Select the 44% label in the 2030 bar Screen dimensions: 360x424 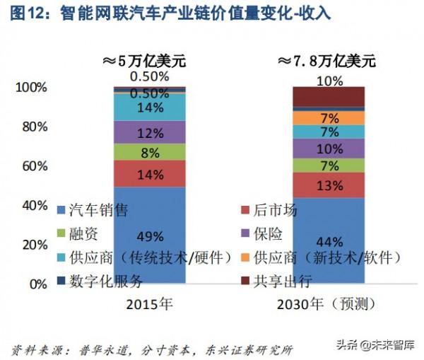[x=329, y=240]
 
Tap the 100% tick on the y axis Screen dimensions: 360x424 [x=30, y=88]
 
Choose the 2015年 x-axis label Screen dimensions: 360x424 [x=149, y=304]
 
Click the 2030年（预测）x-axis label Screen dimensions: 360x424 [x=329, y=304]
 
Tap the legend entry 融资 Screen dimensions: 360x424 [x=85, y=233]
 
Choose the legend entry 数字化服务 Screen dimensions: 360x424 [x=105, y=281]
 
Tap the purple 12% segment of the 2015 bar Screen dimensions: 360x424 [x=149, y=133]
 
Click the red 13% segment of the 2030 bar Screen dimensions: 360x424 [x=329, y=185]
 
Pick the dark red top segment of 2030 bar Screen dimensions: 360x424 [x=329, y=96]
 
